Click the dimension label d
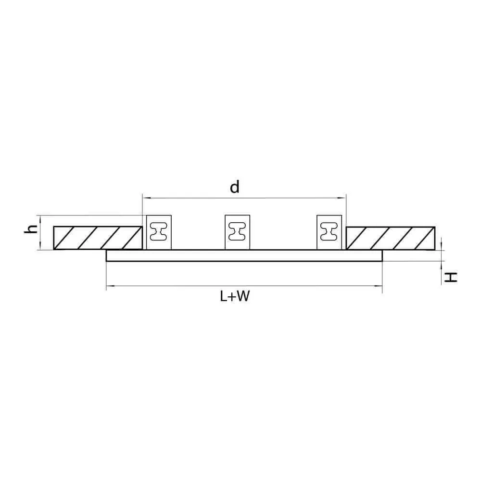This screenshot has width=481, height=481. coord(235,187)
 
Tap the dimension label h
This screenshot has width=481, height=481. coord(31,229)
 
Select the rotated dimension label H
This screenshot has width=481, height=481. coord(451,278)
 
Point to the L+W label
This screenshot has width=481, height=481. coord(235,296)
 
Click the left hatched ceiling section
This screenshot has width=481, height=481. coord(98,238)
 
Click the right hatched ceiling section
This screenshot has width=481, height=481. coord(391,238)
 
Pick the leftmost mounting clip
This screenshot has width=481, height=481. coord(159,232)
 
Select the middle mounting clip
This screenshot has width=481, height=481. coord(238,232)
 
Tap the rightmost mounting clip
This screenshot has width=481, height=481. coord(329,232)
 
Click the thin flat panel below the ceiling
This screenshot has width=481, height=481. coord(244,255)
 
